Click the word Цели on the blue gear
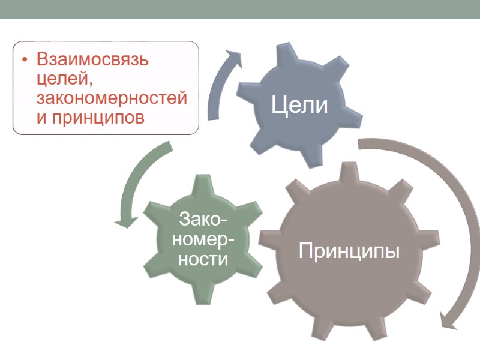[299, 106]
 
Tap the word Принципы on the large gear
[349, 250]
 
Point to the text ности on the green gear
[203, 259]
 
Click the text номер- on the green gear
[203, 239]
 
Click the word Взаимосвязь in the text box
[92, 61]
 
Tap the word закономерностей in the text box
[112, 98]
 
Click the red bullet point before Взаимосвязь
[25, 61]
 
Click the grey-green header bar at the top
[240, 9]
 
